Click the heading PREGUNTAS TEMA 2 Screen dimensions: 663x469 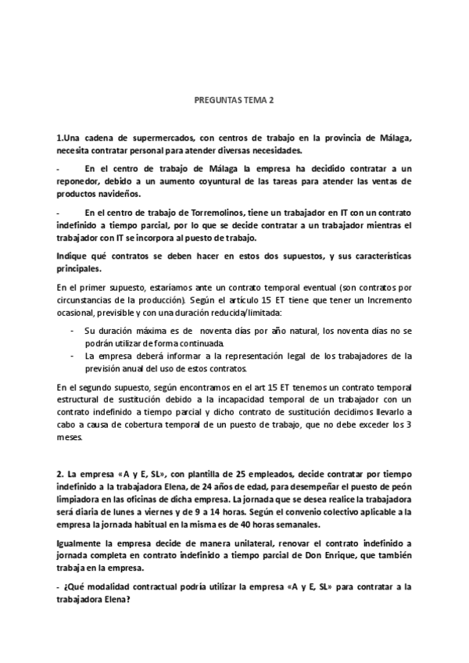point(234,101)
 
